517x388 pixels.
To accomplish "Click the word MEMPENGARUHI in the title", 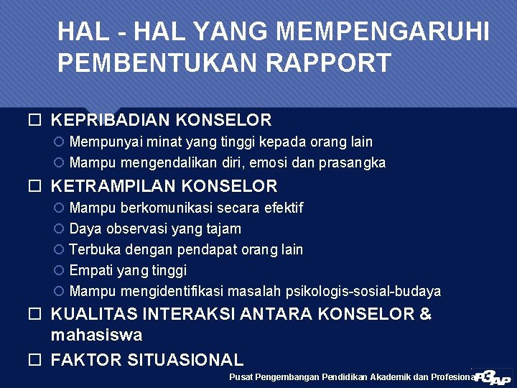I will (x=382, y=32).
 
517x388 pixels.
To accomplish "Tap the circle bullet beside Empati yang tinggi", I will (x=59, y=271).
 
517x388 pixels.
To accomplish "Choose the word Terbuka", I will (x=95, y=250).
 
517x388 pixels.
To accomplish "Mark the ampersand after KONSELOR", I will (x=425, y=315).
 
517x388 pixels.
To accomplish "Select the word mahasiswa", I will (x=96, y=336).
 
